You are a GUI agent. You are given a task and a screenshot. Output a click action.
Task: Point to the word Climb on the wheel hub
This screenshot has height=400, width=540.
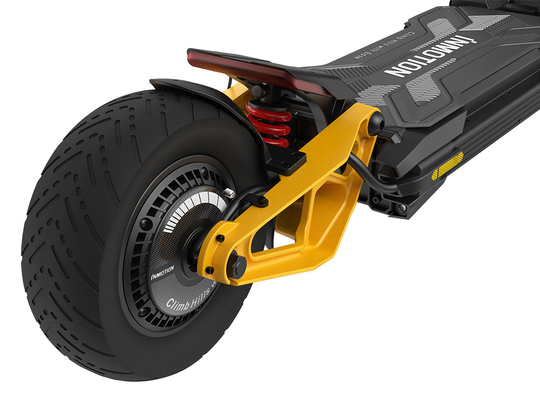tap(177, 303)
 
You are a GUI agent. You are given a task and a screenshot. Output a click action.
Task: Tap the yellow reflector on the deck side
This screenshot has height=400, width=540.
tap(447, 165)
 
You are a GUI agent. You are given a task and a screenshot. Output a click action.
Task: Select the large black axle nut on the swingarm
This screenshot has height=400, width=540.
tap(238, 265)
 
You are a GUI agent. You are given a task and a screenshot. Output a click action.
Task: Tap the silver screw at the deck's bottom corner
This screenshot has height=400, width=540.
tap(400, 208)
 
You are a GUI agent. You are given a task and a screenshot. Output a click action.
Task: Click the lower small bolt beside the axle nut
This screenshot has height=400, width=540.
tap(210, 270)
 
